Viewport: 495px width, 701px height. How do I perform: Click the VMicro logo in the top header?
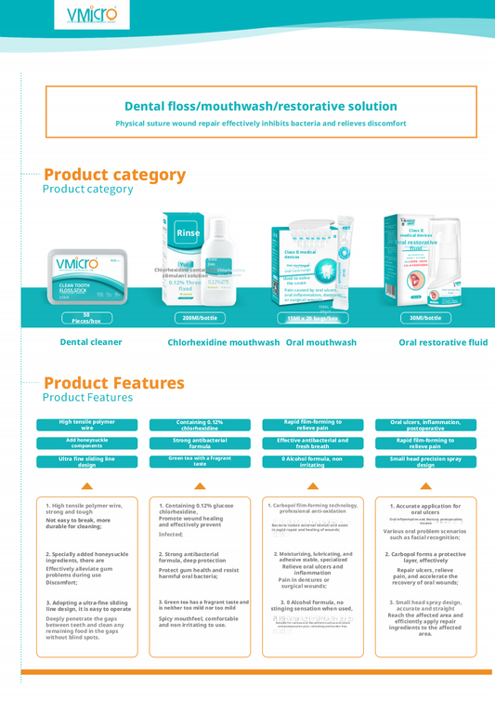coord(92,15)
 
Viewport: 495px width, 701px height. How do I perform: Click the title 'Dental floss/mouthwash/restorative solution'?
coord(261,107)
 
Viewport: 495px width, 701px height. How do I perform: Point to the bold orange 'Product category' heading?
coord(114,175)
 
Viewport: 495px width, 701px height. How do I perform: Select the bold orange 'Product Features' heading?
coord(113,383)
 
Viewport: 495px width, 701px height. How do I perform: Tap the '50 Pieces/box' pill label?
coord(86,318)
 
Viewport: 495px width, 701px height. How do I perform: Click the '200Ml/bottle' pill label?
coord(202,318)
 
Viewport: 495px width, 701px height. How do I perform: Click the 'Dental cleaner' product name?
coord(91,343)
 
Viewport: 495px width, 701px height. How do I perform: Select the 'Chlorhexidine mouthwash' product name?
coord(223,343)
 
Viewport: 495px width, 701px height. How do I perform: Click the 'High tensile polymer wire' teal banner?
coord(86,424)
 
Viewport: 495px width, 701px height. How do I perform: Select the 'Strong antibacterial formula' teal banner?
coord(200,443)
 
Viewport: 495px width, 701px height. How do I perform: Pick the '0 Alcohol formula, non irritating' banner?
coord(313,461)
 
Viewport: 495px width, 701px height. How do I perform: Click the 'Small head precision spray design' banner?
coord(425,461)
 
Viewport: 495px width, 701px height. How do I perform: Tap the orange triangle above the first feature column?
coord(86,486)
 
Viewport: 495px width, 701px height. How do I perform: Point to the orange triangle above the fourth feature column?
coord(425,486)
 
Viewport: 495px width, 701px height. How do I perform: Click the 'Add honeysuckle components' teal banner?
coord(86,443)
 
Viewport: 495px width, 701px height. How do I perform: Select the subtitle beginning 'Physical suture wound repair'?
coord(261,124)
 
